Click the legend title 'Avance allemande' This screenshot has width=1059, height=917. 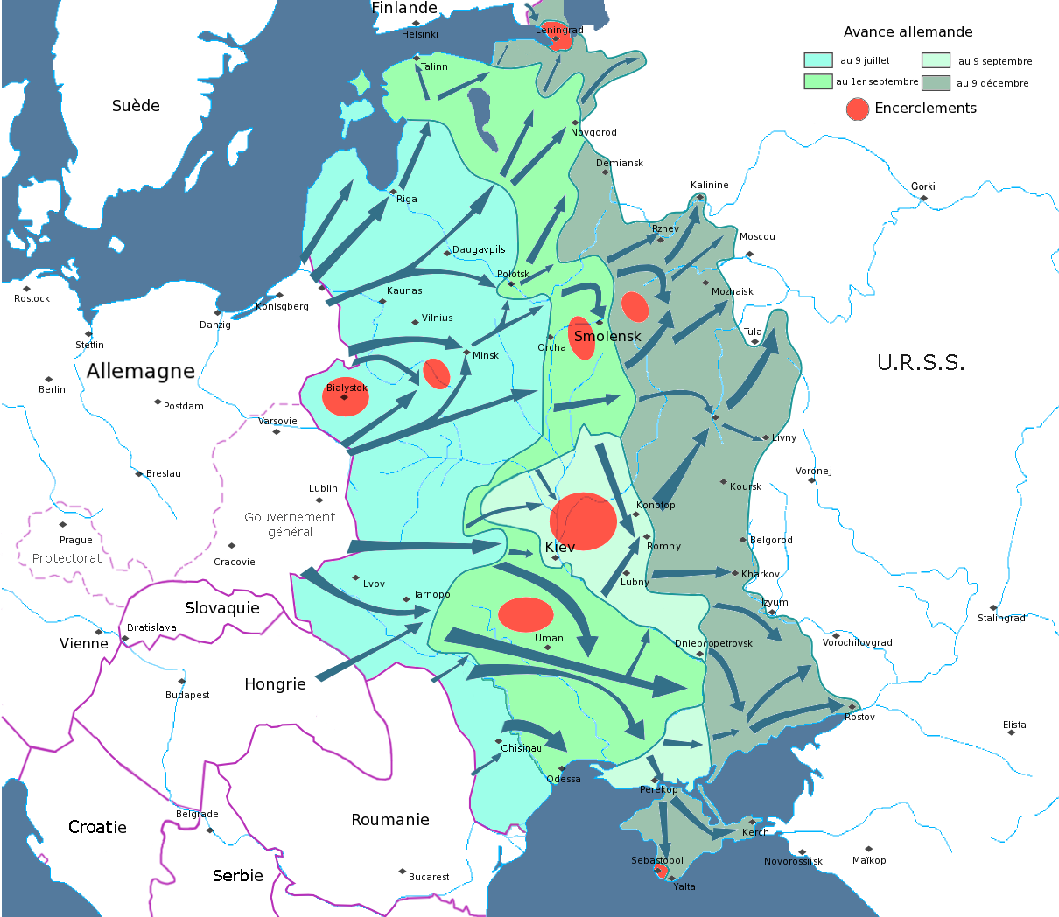pyautogui.click(x=908, y=32)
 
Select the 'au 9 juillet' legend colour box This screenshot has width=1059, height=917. pyautogui.click(x=818, y=60)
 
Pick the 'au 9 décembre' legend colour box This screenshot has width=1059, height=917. pyautogui.click(x=936, y=83)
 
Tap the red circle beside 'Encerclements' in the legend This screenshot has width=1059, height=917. pyautogui.click(x=858, y=108)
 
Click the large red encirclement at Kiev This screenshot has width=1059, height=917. pyautogui.click(x=583, y=521)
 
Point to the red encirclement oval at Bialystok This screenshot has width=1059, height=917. pyautogui.click(x=346, y=397)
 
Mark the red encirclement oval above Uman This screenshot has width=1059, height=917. pyautogui.click(x=526, y=614)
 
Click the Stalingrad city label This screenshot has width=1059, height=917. pyautogui.click(x=1001, y=618)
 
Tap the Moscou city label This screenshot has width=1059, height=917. pyautogui.click(x=757, y=237)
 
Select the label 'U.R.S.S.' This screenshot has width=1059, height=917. pyautogui.click(x=921, y=363)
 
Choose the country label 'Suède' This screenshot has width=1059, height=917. pyautogui.click(x=136, y=106)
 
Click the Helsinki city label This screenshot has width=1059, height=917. pyautogui.click(x=420, y=35)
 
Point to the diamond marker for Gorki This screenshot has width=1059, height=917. pyautogui.click(x=923, y=198)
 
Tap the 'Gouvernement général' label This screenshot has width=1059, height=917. pyautogui.click(x=290, y=524)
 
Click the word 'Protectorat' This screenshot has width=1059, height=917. pyautogui.click(x=67, y=558)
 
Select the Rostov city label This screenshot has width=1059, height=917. pyautogui.click(x=859, y=717)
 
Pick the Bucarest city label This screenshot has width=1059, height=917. pyautogui.click(x=429, y=877)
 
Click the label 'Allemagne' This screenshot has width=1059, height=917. pyautogui.click(x=141, y=371)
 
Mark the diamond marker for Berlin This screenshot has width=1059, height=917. pyautogui.click(x=46, y=380)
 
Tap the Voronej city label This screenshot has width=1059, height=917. pyautogui.click(x=814, y=471)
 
